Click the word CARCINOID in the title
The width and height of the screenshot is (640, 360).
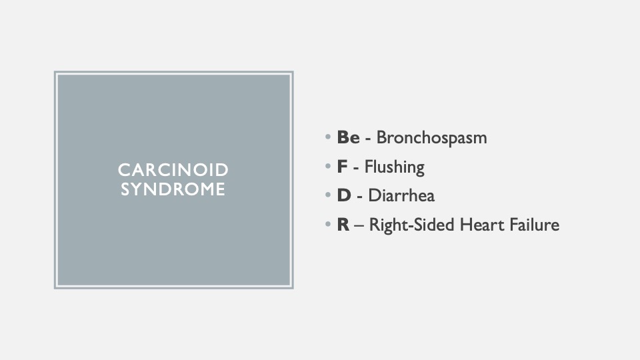(173, 170)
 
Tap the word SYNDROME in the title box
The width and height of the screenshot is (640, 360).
(173, 189)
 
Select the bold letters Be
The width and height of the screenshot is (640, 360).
(348, 137)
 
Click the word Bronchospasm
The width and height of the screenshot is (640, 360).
(431, 138)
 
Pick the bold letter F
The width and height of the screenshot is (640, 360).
(342, 167)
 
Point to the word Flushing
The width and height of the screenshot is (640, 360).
(394, 167)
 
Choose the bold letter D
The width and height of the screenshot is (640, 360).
(344, 195)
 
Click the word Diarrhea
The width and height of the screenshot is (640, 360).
(401, 195)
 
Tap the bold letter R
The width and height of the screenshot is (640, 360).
(343, 225)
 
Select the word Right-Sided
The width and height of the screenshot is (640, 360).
(412, 225)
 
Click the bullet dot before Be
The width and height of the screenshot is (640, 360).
(328, 136)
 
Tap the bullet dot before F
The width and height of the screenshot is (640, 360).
(328, 166)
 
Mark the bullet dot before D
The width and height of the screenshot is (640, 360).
(328, 195)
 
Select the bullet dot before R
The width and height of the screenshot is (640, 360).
(328, 224)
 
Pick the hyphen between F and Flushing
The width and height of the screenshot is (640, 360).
(356, 169)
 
